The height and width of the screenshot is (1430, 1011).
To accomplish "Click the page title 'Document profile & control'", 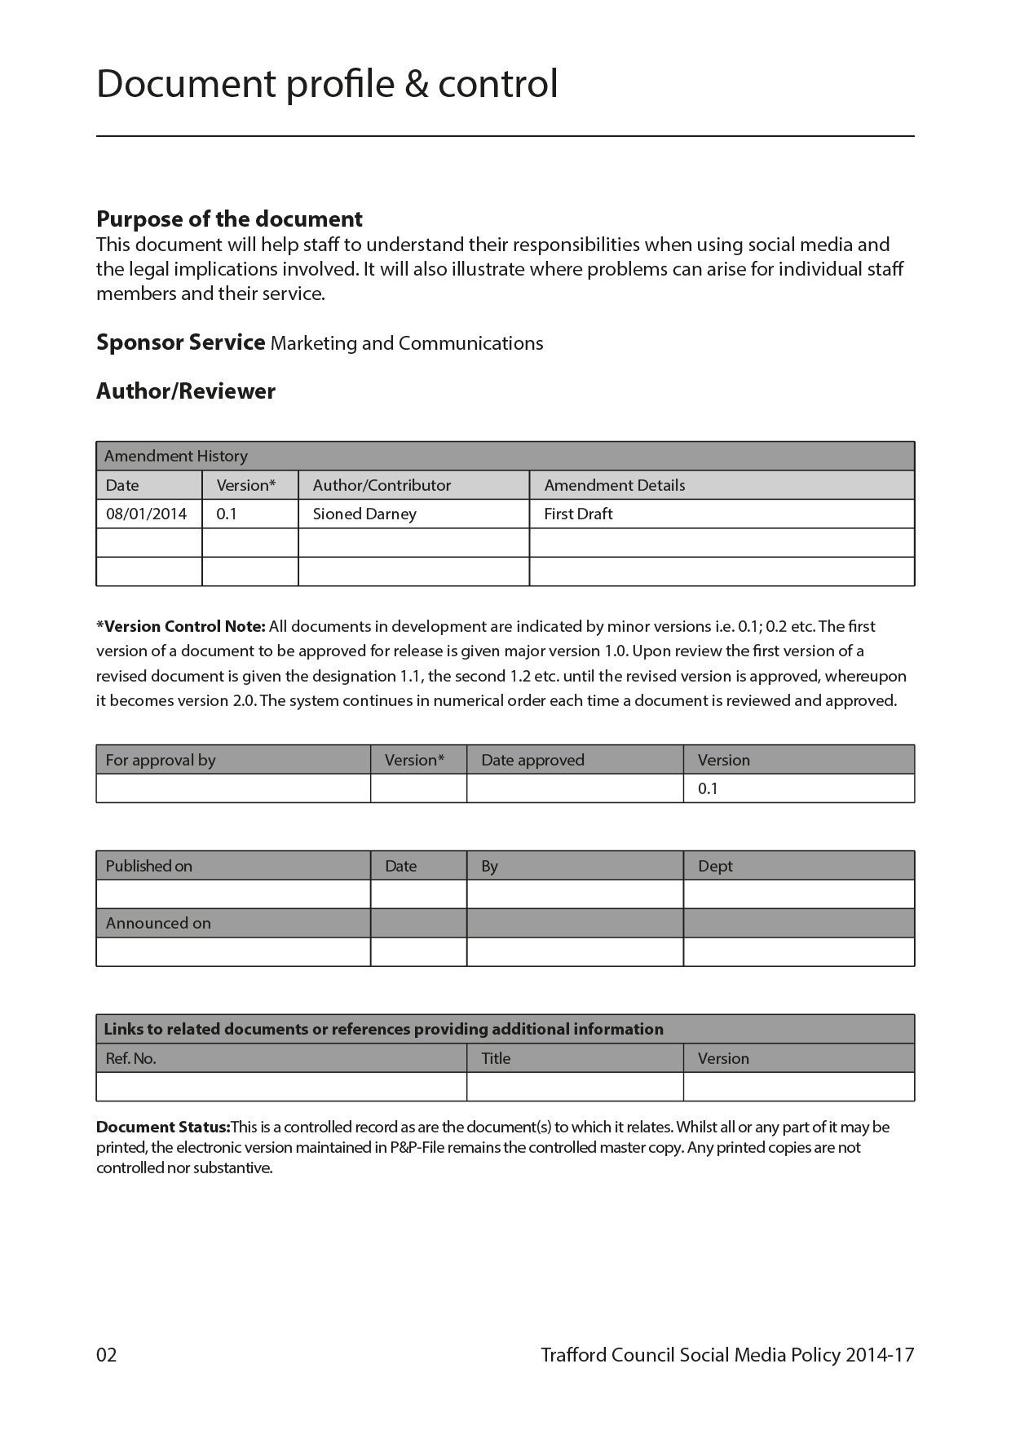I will pos(327,85).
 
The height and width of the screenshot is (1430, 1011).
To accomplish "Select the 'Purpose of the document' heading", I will pos(229,219).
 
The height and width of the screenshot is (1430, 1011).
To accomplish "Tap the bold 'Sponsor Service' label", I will pos(180,342).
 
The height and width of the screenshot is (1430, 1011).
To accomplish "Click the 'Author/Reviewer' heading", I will pos(186,391).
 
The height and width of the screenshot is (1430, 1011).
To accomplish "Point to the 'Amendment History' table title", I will pos(175,456).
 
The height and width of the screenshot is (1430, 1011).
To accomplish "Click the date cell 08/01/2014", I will pos(146,514).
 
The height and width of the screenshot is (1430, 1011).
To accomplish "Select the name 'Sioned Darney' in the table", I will pos(364,514).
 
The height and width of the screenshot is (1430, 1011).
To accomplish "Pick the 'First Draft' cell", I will pos(578,514).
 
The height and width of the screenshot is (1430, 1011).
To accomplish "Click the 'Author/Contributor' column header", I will pos(382,485).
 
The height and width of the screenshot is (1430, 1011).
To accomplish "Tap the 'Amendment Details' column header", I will pos(615,485).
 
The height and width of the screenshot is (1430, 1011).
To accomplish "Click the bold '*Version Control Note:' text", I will pos(181,627).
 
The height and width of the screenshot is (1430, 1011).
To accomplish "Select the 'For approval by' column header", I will pos(161,760).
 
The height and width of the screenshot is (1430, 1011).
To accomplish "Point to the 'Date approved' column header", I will pos(532,760).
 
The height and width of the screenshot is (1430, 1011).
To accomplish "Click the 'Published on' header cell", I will pos(149,866).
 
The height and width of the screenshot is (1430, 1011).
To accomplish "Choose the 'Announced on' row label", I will pos(158,923).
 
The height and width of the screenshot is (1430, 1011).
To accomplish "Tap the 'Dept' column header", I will pos(715,866).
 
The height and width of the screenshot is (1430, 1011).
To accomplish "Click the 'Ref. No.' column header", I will pos(130,1058).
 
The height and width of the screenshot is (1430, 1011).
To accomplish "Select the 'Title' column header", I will pos(496,1058).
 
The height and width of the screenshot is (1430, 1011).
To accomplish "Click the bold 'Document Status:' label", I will pos(163,1128).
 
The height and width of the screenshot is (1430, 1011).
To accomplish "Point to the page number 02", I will pos(107,1355).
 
